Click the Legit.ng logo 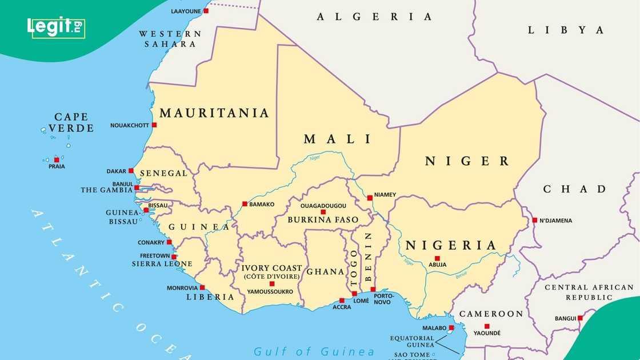56,27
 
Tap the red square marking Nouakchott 154,125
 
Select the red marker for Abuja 437,258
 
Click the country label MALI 338,139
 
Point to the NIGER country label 466,161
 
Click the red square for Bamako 245,203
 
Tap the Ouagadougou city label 323,205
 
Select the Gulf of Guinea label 314,351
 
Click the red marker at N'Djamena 534,220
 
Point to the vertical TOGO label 354,267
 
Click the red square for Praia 56,159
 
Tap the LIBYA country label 566,30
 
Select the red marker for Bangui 580,318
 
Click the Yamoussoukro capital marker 271,283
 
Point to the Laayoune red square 206,11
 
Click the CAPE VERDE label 71,122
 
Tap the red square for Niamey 370,198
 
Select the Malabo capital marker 451,327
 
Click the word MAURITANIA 214,113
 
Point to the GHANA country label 325,272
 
